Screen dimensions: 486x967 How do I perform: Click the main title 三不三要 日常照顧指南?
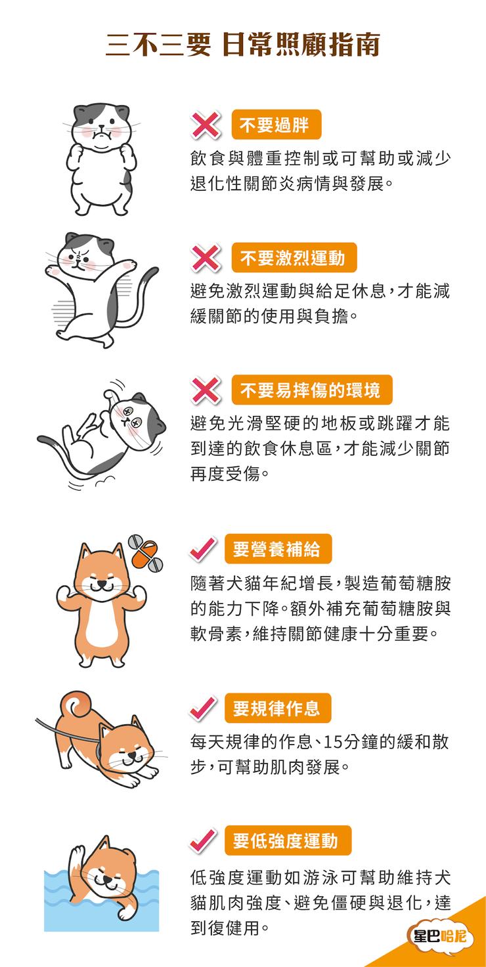coord(242,45)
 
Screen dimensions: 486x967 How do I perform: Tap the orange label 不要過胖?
coord(276,125)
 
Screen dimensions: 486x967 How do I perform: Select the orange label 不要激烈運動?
coord(294,258)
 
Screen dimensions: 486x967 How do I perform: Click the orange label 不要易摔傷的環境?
coord(312,390)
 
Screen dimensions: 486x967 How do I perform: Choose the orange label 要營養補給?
coord(278,548)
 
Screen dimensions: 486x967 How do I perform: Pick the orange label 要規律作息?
coord(278,708)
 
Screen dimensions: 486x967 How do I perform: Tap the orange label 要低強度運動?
coord(288,840)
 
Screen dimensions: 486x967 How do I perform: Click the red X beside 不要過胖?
coord(205,125)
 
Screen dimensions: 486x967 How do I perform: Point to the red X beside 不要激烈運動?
coord(205,258)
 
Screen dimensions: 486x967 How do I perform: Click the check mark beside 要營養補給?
coord(203,549)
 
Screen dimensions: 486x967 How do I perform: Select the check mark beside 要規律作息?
coord(203,709)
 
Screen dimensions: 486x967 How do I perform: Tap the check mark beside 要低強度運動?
coord(203,841)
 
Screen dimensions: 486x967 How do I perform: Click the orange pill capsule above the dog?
coord(144,554)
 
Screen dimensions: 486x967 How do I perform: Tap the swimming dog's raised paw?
coord(77,857)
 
